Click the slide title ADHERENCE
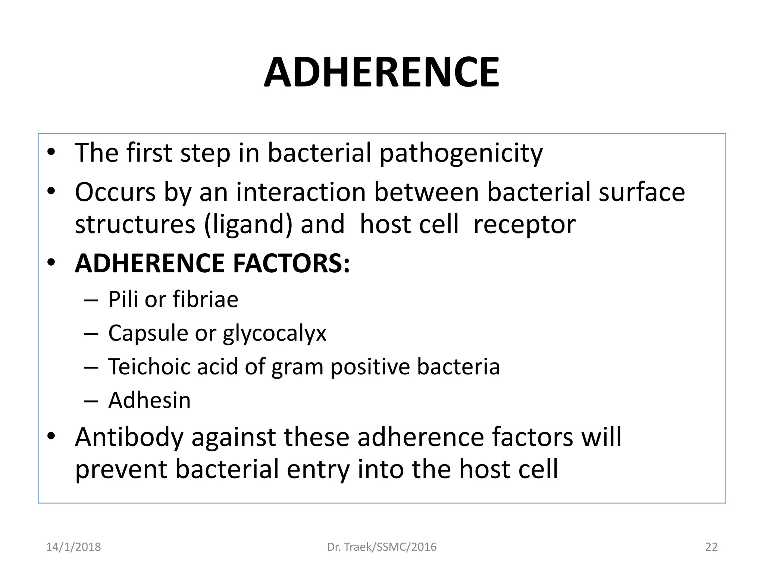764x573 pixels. (x=381, y=72)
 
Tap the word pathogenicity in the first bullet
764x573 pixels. (x=461, y=153)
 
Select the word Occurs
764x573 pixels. (x=115, y=192)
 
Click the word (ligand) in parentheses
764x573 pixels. (x=248, y=225)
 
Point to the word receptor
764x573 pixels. (x=524, y=225)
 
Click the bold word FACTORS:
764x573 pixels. (x=291, y=263)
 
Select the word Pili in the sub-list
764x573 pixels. (x=123, y=299)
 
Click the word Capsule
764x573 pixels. (x=148, y=333)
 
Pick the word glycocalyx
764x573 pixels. (x=274, y=333)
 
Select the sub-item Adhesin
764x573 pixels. (x=149, y=400)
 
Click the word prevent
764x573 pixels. (x=121, y=469)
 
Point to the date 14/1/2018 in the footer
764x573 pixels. (x=73, y=547)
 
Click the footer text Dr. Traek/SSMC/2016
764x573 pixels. (x=382, y=547)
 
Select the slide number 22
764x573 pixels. (x=711, y=547)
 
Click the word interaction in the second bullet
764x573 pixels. (x=301, y=192)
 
